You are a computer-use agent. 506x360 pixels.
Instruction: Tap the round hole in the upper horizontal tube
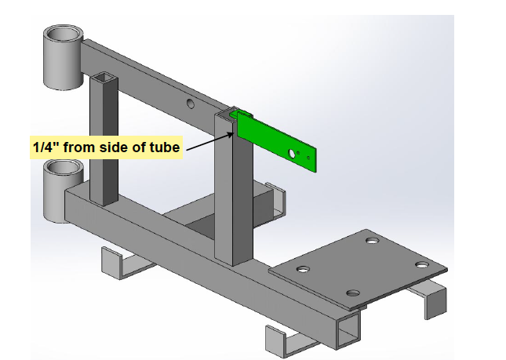[190, 104]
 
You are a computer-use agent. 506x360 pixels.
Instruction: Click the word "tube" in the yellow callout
[165, 147]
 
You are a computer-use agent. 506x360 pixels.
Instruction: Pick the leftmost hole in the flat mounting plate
[301, 269]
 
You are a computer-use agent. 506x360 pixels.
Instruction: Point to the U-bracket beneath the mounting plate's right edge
[428, 298]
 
